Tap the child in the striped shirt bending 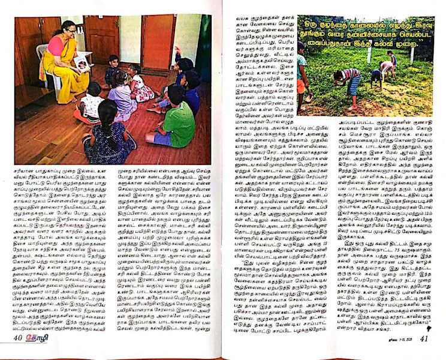(351, 84)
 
